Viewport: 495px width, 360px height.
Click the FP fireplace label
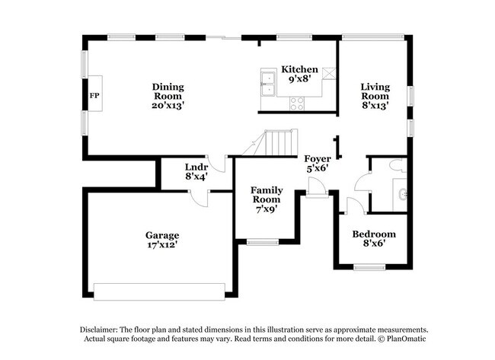pyautogui.click(x=94, y=96)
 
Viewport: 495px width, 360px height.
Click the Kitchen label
pyautogui.click(x=299, y=69)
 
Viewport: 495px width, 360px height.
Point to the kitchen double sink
pyautogui.click(x=268, y=83)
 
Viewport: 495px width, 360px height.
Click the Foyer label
pyautogui.click(x=318, y=158)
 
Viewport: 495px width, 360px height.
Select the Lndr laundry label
pyautogui.click(x=197, y=167)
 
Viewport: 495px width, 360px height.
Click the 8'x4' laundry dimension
pyautogui.click(x=197, y=177)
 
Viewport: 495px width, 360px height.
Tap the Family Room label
pyautogui.click(x=267, y=195)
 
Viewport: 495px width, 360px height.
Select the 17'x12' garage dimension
pyautogui.click(x=162, y=245)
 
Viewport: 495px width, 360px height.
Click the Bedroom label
pyautogui.click(x=373, y=234)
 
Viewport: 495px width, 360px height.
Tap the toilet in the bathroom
pyautogui.click(x=395, y=164)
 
